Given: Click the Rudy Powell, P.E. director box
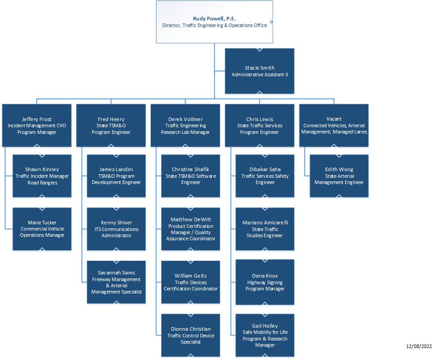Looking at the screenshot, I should [x=214, y=22].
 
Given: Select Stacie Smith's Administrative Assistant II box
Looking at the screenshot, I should [x=260, y=71].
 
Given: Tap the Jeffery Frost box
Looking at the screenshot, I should [x=37, y=125].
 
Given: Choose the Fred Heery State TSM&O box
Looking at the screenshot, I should [x=111, y=125].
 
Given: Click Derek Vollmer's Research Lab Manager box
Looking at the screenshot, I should [x=185, y=125].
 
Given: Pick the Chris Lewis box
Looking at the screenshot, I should [x=260, y=125].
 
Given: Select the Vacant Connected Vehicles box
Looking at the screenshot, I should [x=334, y=125].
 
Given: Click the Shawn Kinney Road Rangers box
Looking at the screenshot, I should [x=42, y=176].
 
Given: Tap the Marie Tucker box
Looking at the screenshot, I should [x=42, y=229].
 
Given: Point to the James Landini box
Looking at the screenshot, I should [x=117, y=176].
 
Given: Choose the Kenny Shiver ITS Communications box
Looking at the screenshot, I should [x=117, y=229].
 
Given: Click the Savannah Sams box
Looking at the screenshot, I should [x=117, y=282].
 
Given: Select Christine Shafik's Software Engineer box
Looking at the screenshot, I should [x=190, y=176].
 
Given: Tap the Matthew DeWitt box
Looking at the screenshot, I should [x=190, y=229].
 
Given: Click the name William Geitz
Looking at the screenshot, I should [x=190, y=276].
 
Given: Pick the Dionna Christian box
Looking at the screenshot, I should [x=190, y=335].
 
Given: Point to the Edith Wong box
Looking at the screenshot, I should [x=339, y=176].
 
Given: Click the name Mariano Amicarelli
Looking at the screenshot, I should [x=265, y=223].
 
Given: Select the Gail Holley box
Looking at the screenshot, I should [x=265, y=335].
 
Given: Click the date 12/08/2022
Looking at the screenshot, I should [x=419, y=346].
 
